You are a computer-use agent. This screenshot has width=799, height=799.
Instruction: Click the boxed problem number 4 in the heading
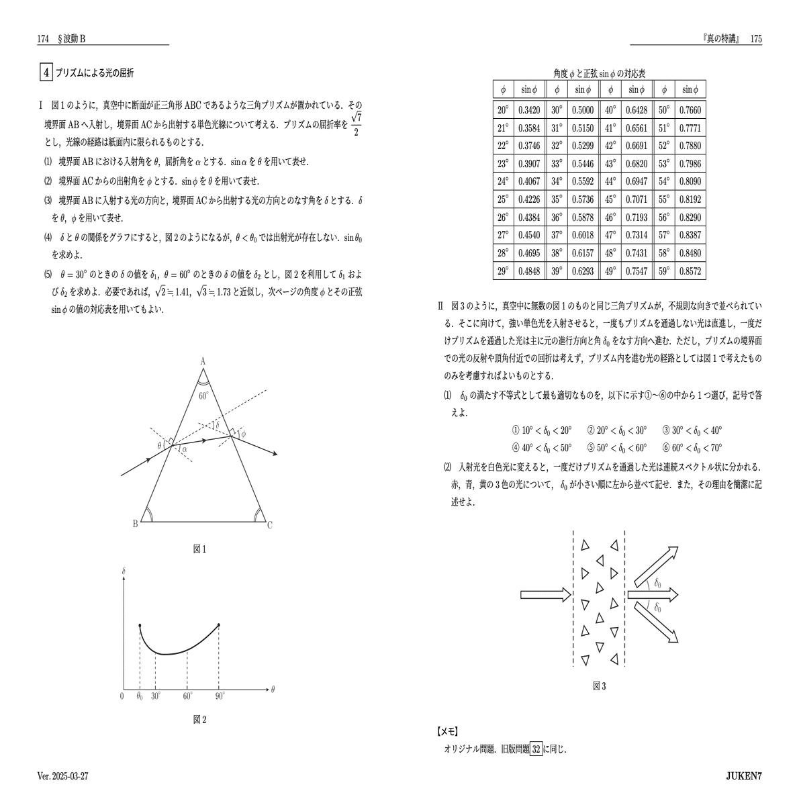tap(46, 73)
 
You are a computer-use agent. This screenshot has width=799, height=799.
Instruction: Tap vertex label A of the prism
tap(202, 361)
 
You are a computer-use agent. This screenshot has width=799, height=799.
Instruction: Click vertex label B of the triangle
tap(135, 524)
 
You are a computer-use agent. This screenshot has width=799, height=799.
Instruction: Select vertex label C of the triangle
tap(270, 525)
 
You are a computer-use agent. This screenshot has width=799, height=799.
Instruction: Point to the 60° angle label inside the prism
tap(203, 395)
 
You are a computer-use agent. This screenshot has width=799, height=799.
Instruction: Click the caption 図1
tap(199, 549)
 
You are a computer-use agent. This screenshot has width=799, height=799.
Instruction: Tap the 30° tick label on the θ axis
tap(156, 696)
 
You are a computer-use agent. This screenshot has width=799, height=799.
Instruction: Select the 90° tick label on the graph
tap(220, 696)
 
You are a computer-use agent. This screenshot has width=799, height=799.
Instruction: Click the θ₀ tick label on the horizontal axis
tap(139, 696)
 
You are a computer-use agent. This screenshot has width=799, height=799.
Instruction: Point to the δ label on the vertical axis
tap(124, 572)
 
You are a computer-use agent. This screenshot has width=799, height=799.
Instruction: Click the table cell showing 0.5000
tap(582, 110)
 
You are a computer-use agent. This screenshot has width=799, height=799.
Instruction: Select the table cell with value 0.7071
tap(636, 199)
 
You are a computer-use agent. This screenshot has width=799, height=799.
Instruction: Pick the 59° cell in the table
tap(664, 271)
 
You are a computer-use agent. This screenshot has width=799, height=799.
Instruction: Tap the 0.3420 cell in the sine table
tap(529, 110)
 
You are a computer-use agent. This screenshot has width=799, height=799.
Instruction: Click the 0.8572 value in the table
tap(690, 271)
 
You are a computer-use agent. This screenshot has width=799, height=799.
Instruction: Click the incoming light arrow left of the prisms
tap(545, 594)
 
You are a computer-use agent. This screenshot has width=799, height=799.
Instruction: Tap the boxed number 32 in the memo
tap(536, 749)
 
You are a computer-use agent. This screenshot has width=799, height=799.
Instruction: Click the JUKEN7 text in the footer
tap(744, 776)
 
